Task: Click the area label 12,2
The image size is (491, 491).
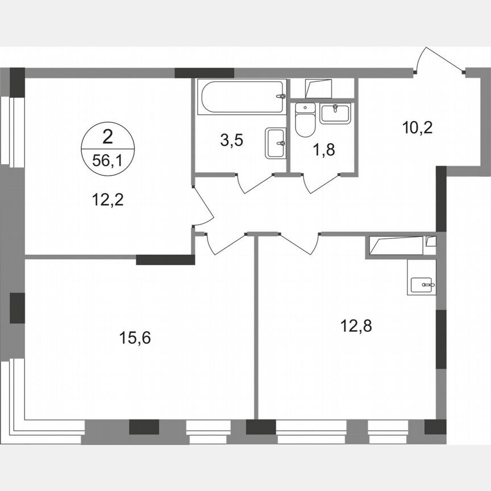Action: point(107,199)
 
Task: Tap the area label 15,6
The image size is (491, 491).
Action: point(135,338)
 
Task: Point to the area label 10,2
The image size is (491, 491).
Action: point(417,127)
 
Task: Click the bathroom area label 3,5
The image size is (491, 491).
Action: point(232,140)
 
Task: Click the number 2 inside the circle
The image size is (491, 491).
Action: point(107,136)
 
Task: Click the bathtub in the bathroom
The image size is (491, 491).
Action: point(242,97)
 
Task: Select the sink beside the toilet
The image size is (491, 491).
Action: point(336,113)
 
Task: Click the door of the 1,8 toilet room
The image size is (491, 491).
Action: point(322,184)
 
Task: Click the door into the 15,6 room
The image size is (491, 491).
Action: point(226,243)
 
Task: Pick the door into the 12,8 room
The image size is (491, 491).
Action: point(299,243)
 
